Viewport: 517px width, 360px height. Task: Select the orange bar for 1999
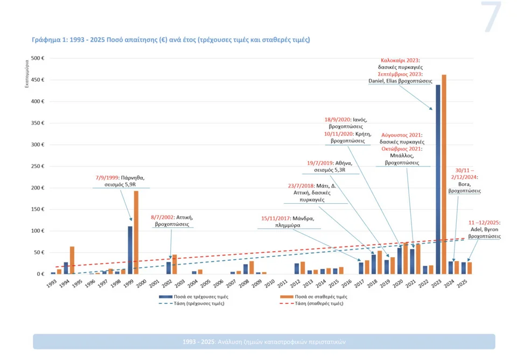click(136, 232)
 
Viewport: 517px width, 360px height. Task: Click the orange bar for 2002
click(174, 264)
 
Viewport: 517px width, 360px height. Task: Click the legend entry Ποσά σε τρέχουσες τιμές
click(199, 296)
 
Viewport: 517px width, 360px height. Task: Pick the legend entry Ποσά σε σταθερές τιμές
click(322, 296)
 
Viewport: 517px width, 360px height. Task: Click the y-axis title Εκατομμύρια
click(26, 74)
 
